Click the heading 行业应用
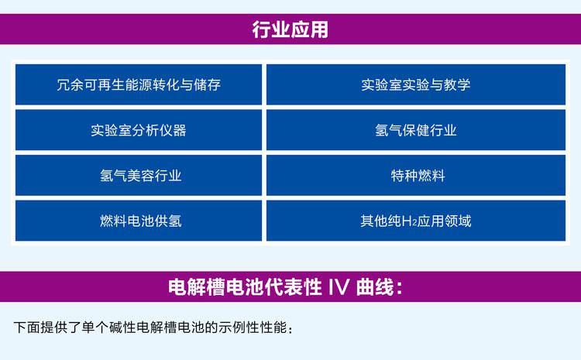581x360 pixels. [x=290, y=29]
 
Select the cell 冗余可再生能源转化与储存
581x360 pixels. [x=139, y=84]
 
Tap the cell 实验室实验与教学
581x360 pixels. [x=416, y=84]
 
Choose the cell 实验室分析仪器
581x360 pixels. [x=139, y=130]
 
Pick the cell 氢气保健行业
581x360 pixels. [x=416, y=130]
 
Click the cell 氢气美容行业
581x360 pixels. [x=139, y=175]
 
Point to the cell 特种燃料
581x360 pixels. [x=416, y=175]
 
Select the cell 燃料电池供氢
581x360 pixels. [x=139, y=221]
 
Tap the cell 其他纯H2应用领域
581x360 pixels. [x=416, y=221]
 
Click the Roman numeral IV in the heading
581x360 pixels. [x=339, y=286]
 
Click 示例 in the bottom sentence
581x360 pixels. [x=232, y=327]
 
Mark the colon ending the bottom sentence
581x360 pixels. [x=290, y=329]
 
